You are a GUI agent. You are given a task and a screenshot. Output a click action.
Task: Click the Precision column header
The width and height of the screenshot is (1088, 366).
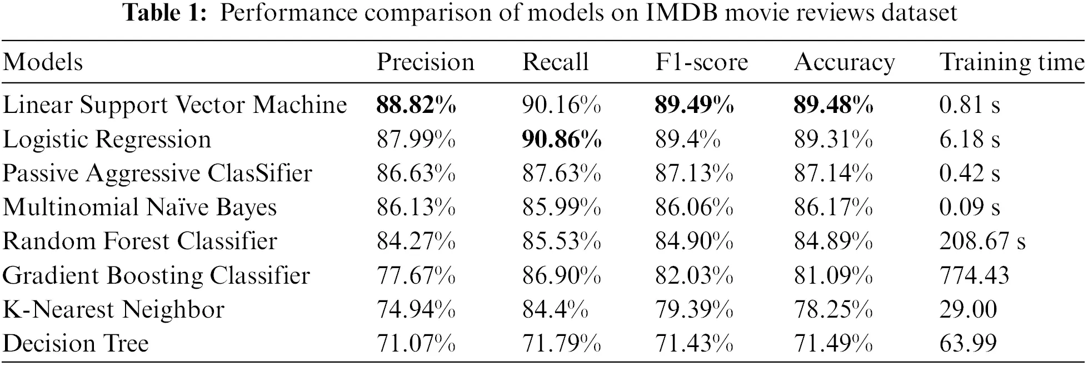click(426, 62)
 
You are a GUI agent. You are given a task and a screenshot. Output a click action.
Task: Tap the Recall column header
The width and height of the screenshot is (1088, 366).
click(555, 62)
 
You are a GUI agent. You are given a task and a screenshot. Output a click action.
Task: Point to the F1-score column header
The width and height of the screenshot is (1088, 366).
click(701, 62)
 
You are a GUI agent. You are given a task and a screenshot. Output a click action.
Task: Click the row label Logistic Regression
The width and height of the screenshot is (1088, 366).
click(107, 140)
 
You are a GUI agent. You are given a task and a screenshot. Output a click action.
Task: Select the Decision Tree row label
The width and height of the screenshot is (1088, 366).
click(76, 343)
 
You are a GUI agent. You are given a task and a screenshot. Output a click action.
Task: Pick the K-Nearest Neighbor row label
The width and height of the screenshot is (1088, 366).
click(113, 309)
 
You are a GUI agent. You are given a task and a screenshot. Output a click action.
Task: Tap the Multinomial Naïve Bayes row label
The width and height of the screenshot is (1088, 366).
click(139, 207)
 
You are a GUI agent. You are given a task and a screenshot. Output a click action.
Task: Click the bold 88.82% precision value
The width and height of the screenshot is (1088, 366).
click(416, 105)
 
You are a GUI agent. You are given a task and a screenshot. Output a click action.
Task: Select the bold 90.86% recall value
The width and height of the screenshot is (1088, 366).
click(561, 140)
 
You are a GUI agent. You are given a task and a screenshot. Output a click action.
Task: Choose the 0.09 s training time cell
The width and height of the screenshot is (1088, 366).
click(969, 207)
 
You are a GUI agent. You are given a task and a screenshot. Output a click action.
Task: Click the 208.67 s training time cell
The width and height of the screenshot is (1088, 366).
click(982, 241)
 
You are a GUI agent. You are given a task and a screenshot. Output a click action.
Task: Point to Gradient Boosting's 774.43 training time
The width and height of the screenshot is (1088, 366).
click(974, 275)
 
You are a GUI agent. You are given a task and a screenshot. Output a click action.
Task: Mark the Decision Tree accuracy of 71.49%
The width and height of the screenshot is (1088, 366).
click(833, 343)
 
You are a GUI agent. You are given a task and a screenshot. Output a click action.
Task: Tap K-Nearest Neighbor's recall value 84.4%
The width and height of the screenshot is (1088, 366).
click(555, 309)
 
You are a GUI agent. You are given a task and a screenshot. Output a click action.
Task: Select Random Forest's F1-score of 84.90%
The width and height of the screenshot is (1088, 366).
click(694, 241)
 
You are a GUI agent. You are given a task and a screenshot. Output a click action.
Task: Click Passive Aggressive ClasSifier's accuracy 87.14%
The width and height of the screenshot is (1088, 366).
click(833, 174)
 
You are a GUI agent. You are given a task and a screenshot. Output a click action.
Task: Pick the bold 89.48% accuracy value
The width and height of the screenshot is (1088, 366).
click(833, 105)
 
